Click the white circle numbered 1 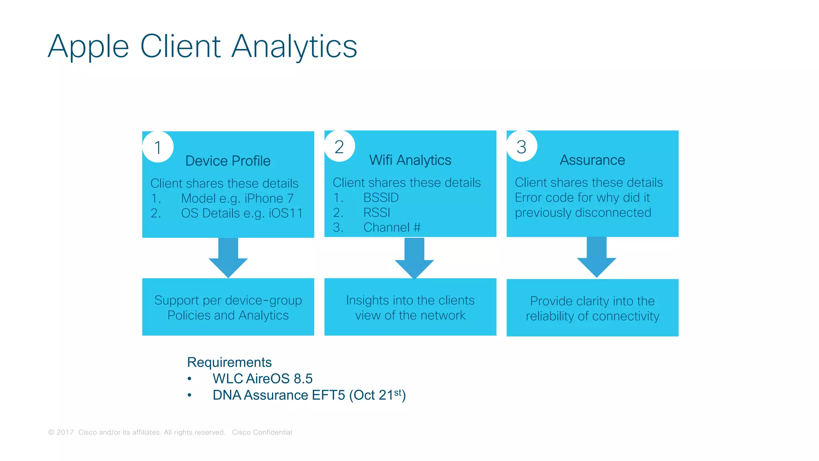(x=158, y=147)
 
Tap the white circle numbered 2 (x=340, y=146)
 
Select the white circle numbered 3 (x=521, y=146)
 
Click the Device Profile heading (x=228, y=161)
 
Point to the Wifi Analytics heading (x=410, y=160)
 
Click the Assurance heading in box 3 (x=592, y=160)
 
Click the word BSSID (x=381, y=198)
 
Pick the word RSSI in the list (x=377, y=212)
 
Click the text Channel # (x=392, y=227)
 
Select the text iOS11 (x=286, y=213)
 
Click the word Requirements (x=229, y=362)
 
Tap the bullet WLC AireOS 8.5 (x=262, y=379)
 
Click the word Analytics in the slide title (x=294, y=46)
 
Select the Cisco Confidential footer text (x=262, y=432)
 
